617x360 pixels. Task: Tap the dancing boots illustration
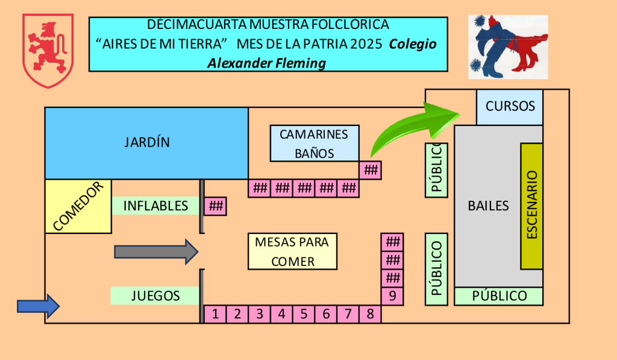508,47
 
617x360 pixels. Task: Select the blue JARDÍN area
147,143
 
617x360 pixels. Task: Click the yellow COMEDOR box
78,206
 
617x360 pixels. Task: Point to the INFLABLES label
155,206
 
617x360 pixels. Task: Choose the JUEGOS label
155,295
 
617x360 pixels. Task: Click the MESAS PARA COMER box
292,251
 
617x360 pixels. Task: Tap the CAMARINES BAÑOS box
314,144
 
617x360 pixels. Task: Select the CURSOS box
510,107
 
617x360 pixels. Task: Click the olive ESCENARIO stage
531,206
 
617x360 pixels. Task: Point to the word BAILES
488,206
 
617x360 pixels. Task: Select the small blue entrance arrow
38,306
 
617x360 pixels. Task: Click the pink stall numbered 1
215,314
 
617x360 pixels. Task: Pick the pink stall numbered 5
304,314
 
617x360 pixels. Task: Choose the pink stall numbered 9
392,296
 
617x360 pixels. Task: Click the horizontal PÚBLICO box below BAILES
499,296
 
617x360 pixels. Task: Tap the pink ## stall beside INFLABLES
215,206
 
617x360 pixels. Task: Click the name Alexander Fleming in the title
266,63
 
